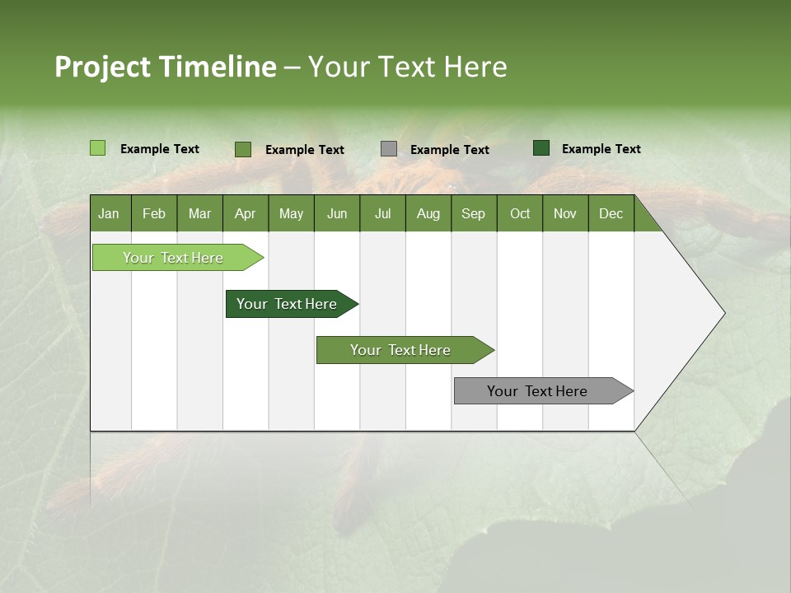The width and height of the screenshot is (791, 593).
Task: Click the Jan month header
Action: pos(109,213)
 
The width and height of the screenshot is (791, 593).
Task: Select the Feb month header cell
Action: pos(154,213)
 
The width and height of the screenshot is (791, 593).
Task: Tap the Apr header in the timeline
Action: pos(245,213)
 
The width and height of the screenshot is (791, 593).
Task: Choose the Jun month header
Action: pos(336,213)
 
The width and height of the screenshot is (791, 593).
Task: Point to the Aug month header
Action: pos(428,213)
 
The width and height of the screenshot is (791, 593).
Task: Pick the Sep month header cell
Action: pos(473,213)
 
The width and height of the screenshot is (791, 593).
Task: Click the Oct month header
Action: pos(520,213)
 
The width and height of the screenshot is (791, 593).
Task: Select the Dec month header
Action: pos(611,213)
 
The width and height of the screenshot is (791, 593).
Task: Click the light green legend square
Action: pos(98,148)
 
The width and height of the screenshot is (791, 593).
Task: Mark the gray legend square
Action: pos(389,149)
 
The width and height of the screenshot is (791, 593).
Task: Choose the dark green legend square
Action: pos(541,148)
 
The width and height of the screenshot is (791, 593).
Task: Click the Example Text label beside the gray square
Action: pos(450,150)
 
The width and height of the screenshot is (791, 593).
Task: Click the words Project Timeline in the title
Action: pos(166,67)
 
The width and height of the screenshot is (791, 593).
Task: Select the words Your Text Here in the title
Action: pos(408,67)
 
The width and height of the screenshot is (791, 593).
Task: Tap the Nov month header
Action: pos(565,213)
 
